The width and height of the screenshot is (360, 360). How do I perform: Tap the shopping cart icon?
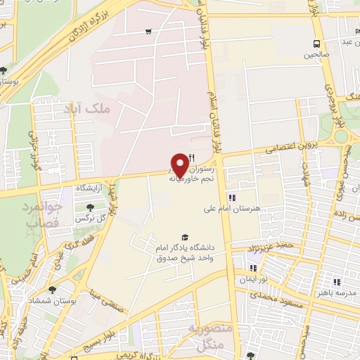148,31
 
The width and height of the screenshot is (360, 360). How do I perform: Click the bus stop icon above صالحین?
316,44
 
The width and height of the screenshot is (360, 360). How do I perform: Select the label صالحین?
316,54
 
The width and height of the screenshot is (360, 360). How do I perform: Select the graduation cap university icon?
185,238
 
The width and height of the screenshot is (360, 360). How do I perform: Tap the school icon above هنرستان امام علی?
231,198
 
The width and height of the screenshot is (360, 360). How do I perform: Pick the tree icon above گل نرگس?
90,207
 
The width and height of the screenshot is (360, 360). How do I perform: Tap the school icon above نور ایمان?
253,268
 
